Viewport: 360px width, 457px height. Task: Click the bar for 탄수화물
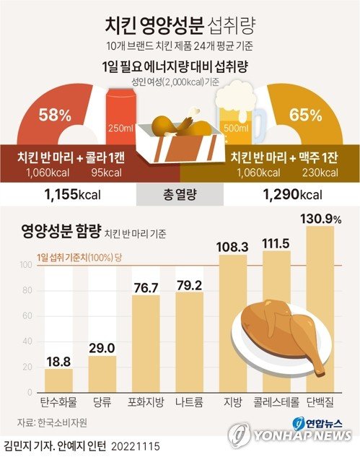click(x=58, y=380)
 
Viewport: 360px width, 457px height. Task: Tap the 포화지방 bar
click(x=146, y=343)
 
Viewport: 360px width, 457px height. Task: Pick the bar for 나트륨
click(x=189, y=341)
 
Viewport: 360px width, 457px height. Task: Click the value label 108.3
click(x=232, y=246)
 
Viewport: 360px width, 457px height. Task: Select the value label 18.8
click(x=58, y=360)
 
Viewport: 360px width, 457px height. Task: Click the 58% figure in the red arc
click(x=55, y=114)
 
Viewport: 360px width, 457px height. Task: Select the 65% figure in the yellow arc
click(x=305, y=114)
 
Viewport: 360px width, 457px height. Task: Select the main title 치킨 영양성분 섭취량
click(x=180, y=27)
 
